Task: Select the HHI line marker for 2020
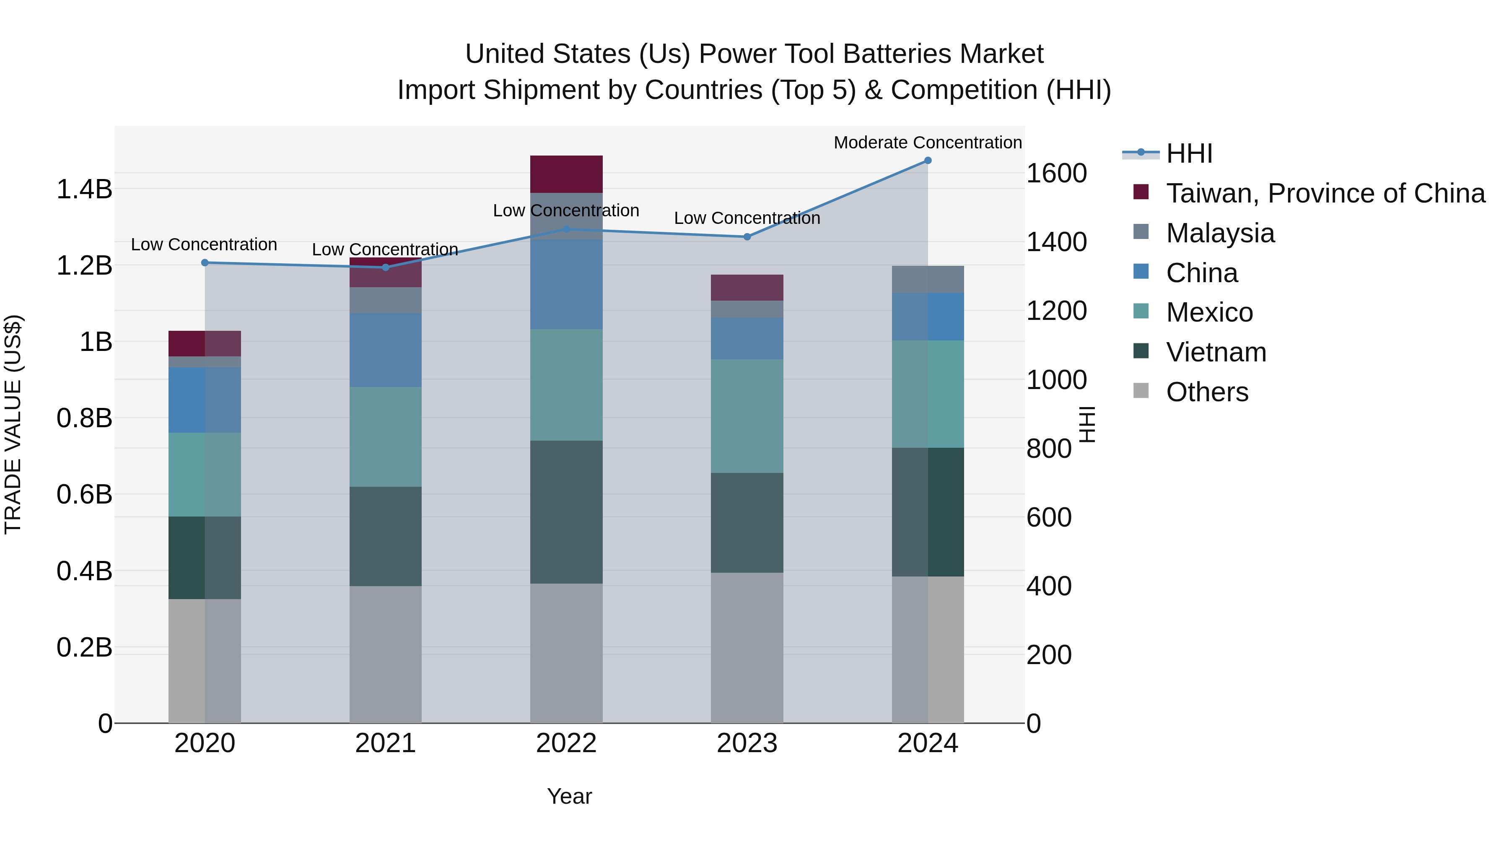point(205,262)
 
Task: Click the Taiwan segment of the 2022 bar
point(566,174)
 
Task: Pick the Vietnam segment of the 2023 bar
point(747,523)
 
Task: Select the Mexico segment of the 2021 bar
point(386,436)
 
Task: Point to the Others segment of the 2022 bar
point(566,653)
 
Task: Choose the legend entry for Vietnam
point(1216,352)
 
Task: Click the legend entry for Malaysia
point(1220,233)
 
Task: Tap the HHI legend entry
point(1189,153)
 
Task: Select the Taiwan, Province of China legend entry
point(1325,193)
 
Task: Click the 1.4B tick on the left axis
point(84,189)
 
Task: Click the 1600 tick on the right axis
point(1056,174)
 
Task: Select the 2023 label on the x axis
point(747,743)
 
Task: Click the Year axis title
point(569,796)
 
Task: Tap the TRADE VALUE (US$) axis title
point(13,424)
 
